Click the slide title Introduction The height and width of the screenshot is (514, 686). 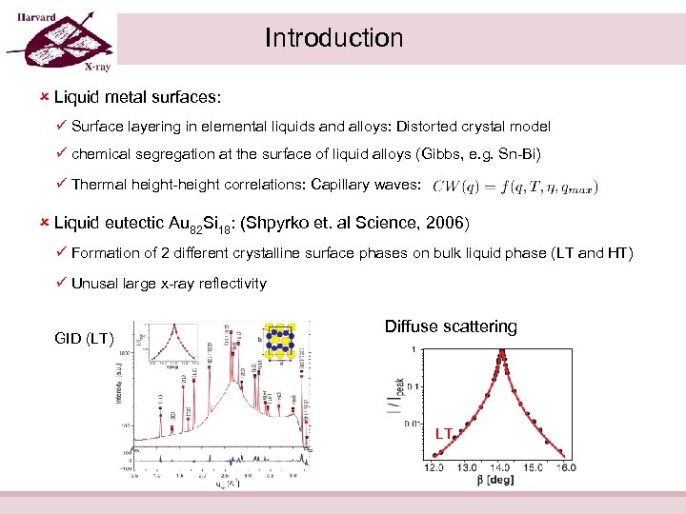[333, 38]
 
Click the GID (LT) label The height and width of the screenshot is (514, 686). [85, 339]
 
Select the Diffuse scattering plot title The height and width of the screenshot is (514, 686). [451, 326]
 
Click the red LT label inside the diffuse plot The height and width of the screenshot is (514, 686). [443, 434]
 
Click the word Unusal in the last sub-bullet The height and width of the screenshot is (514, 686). [98, 283]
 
